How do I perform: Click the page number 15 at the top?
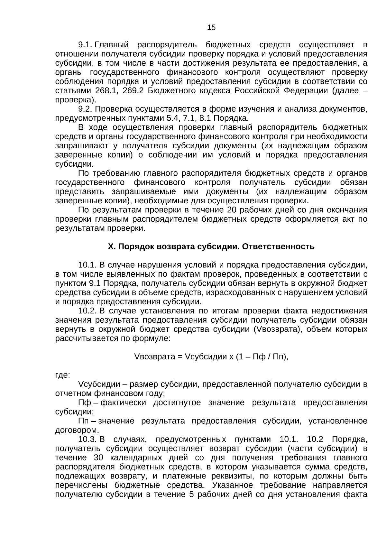click(x=211, y=27)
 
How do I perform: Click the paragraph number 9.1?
click(x=86, y=45)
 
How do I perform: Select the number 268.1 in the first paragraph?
click(x=107, y=91)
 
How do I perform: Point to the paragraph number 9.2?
click(x=86, y=109)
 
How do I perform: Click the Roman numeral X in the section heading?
click(x=110, y=247)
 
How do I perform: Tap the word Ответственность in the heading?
click(x=278, y=247)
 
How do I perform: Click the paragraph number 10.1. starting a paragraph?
click(x=87, y=265)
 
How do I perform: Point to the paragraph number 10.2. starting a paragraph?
click(x=87, y=311)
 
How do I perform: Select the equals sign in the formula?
click(x=180, y=357)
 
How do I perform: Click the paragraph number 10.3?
click(x=87, y=440)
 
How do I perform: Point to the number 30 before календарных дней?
click(x=98, y=458)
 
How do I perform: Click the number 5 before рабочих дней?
click(x=191, y=495)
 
